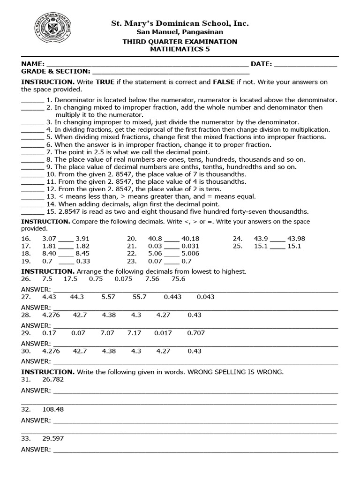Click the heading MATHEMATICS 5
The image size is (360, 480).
180,49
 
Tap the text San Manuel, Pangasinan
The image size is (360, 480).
180,32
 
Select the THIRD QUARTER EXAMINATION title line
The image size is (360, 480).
180,42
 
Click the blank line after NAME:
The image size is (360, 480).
147,64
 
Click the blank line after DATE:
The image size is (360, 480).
305,64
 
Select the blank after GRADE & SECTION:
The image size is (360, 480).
171,72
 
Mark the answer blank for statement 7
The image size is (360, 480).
32,152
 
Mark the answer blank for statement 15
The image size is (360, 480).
32,211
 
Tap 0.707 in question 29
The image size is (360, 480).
196,333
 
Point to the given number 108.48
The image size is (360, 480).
52,409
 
